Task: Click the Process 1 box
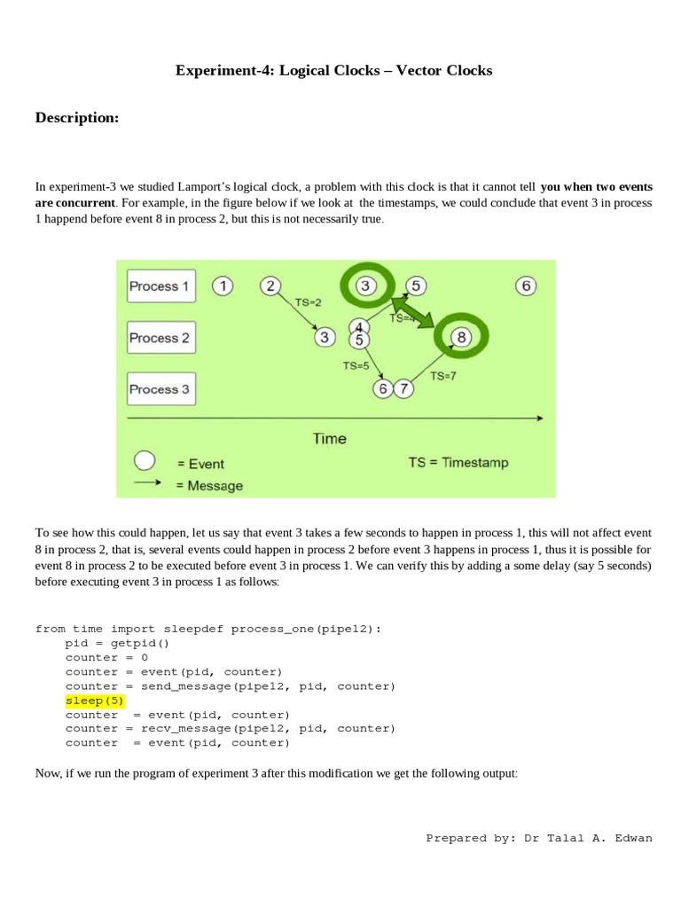tap(160, 286)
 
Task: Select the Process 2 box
tap(160, 338)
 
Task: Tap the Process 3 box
tap(160, 389)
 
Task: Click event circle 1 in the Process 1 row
tap(223, 286)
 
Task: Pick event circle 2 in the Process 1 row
tap(271, 286)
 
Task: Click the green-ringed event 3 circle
tap(367, 286)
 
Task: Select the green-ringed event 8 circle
tap(461, 337)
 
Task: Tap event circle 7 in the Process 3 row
tap(403, 388)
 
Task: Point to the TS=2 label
tap(309, 302)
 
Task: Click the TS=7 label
tap(443, 376)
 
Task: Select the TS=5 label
tap(356, 364)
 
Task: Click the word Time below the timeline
tap(329, 438)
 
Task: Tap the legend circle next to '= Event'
tap(145, 461)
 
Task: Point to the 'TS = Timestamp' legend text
tap(458, 462)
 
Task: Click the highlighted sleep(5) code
tap(95, 701)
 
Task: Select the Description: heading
tap(77, 118)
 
